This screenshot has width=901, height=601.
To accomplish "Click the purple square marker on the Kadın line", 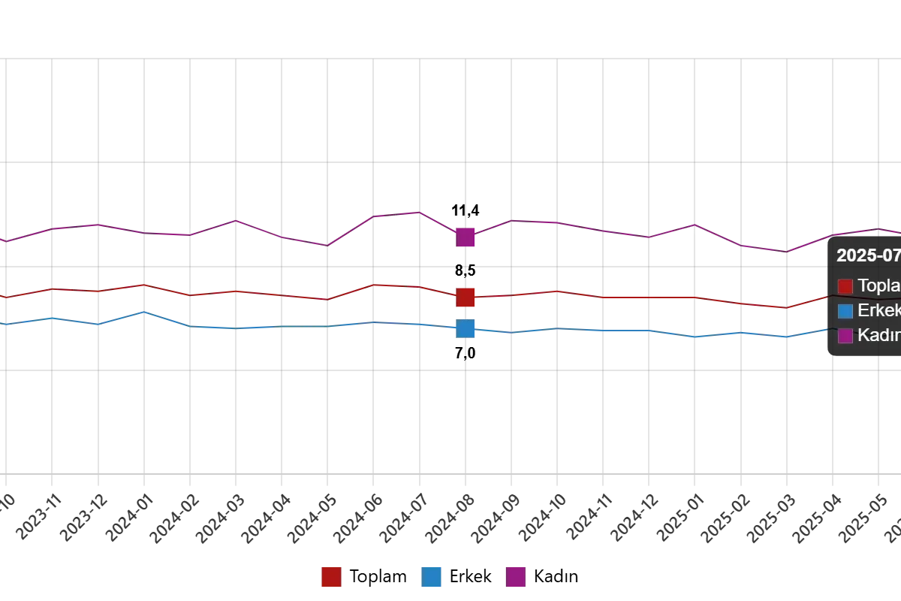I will coord(466,237).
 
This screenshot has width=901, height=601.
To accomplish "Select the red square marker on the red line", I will coord(466,297).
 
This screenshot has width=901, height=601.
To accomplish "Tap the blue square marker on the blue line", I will coord(466,328).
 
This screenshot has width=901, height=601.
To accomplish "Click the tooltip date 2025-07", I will coord(869,255).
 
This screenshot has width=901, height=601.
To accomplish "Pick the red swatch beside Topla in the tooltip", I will coord(845,286).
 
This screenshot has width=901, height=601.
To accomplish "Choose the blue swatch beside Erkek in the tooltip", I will coord(845,311).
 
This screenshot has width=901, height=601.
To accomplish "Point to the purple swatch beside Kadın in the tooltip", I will coord(845,336).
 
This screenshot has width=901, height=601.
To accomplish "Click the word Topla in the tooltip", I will coord(879,286).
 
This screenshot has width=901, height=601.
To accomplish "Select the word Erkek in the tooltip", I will coord(879,311).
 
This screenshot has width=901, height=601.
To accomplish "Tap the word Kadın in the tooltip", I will coord(879,336).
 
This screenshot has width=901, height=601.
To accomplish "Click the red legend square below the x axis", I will coord(331,577).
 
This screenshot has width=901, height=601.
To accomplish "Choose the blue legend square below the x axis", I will coord(432,577).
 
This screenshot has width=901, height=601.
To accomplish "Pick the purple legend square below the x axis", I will coord(515,577).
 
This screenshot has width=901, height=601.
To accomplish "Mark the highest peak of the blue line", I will coord(144,312).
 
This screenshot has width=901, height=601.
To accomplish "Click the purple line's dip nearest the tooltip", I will coord(784,250).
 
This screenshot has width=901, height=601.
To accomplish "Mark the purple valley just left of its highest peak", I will coord(327,244).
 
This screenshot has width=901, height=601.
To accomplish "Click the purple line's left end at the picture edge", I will coord(2,240).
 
